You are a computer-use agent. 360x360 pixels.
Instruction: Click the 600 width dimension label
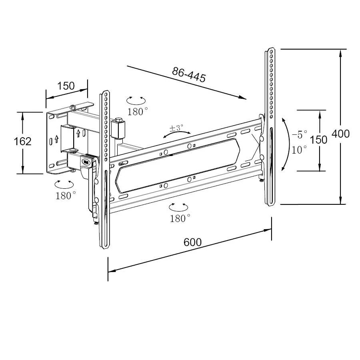(192, 242)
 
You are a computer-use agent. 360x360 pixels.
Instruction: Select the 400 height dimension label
(340, 134)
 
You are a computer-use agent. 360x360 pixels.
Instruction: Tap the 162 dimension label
(22, 141)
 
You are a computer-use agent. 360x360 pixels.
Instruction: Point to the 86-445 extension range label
(189, 74)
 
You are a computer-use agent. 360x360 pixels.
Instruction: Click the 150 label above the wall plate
(66, 86)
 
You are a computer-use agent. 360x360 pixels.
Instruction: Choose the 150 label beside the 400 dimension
(318, 140)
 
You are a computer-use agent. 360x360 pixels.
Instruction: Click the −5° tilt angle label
(299, 134)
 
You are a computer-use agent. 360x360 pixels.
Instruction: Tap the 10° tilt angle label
(300, 150)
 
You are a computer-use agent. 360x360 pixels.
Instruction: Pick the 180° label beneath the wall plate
(66, 195)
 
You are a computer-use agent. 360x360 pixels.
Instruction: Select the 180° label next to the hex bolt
(138, 112)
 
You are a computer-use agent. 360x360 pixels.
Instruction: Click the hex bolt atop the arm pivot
(118, 120)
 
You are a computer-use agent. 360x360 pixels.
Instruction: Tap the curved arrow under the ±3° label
(177, 135)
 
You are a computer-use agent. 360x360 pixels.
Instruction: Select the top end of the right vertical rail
(270, 50)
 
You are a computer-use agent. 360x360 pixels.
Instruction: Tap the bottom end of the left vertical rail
(104, 248)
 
